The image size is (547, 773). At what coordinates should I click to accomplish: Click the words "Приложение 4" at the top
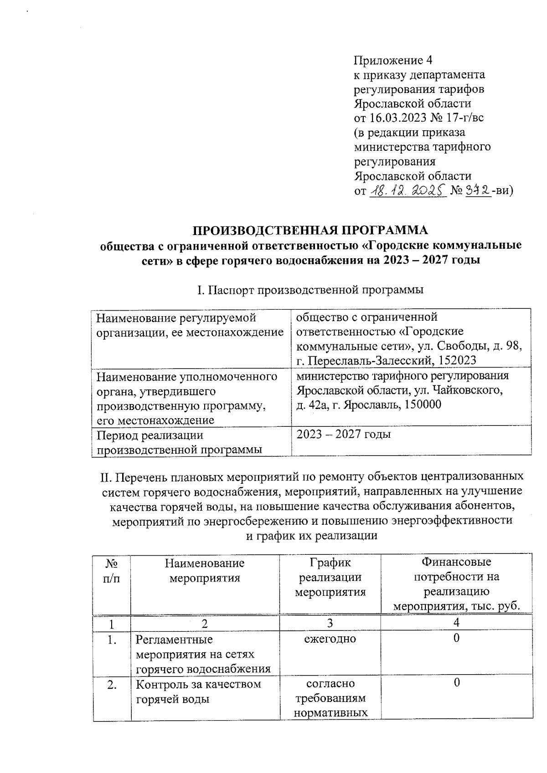click(x=393, y=60)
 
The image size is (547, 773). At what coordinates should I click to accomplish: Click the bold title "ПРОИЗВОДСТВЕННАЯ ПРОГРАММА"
click(x=310, y=230)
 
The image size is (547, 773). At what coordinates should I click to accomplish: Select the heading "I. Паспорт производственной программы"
click(x=310, y=290)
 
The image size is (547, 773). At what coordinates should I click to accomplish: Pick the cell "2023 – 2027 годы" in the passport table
click(x=344, y=434)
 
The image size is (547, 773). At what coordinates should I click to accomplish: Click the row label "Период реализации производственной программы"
click(x=179, y=442)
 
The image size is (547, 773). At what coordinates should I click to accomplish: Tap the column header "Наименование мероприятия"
click(x=205, y=571)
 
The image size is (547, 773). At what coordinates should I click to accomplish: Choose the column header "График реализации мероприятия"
click(x=330, y=578)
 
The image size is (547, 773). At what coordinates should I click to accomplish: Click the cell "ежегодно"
click(x=330, y=639)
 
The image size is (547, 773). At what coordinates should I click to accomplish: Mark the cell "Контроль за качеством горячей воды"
click(x=199, y=691)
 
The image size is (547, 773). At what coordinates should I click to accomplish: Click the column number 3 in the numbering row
click(x=330, y=623)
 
